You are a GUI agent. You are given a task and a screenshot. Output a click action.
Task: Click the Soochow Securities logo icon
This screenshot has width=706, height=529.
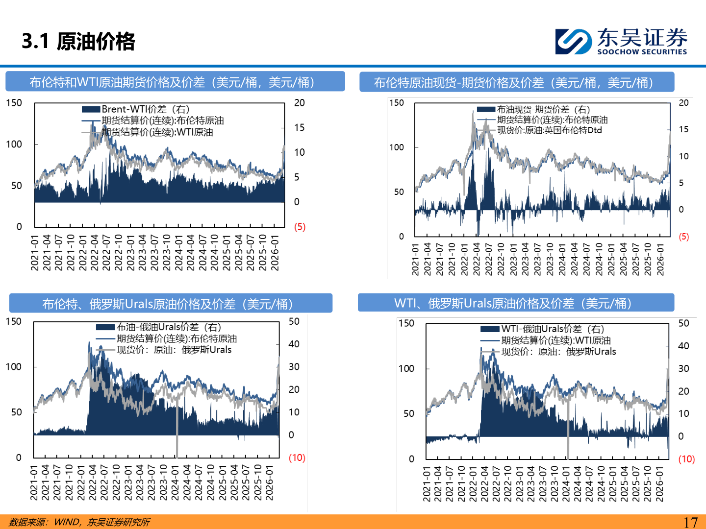click(573, 41)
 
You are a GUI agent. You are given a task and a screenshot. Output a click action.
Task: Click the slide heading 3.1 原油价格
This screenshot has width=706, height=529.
click(78, 41)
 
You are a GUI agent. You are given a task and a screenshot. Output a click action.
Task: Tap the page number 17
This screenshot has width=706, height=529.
click(690, 522)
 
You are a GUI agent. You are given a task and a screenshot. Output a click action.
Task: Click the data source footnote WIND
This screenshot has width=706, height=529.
click(67, 522)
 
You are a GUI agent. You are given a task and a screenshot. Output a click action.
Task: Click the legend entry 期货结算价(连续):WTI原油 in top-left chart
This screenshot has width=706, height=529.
click(157, 132)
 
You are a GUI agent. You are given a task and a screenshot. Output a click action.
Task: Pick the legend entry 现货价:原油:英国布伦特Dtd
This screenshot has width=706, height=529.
click(549, 130)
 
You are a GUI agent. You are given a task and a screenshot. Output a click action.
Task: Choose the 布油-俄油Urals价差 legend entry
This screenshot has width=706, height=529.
click(169, 327)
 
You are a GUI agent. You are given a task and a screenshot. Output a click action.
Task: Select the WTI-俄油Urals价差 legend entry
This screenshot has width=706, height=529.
click(553, 329)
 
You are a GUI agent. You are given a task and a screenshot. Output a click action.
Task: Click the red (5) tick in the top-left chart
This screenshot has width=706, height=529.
click(300, 227)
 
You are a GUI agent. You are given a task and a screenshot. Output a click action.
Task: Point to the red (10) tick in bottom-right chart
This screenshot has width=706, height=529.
click(686, 459)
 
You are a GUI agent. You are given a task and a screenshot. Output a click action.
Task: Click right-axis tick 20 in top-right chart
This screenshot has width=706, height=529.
click(683, 103)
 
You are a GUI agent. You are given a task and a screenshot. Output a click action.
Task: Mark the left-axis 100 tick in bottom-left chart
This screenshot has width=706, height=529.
click(14, 367)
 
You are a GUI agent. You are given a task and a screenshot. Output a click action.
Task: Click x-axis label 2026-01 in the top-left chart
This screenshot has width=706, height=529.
click(275, 253)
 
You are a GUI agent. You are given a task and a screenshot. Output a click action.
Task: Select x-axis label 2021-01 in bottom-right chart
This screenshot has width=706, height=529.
click(427, 484)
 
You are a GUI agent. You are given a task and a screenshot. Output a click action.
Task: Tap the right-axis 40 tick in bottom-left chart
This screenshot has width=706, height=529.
click(294, 344)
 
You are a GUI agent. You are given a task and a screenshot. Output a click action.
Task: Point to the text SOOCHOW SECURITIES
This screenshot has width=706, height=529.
click(642, 52)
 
